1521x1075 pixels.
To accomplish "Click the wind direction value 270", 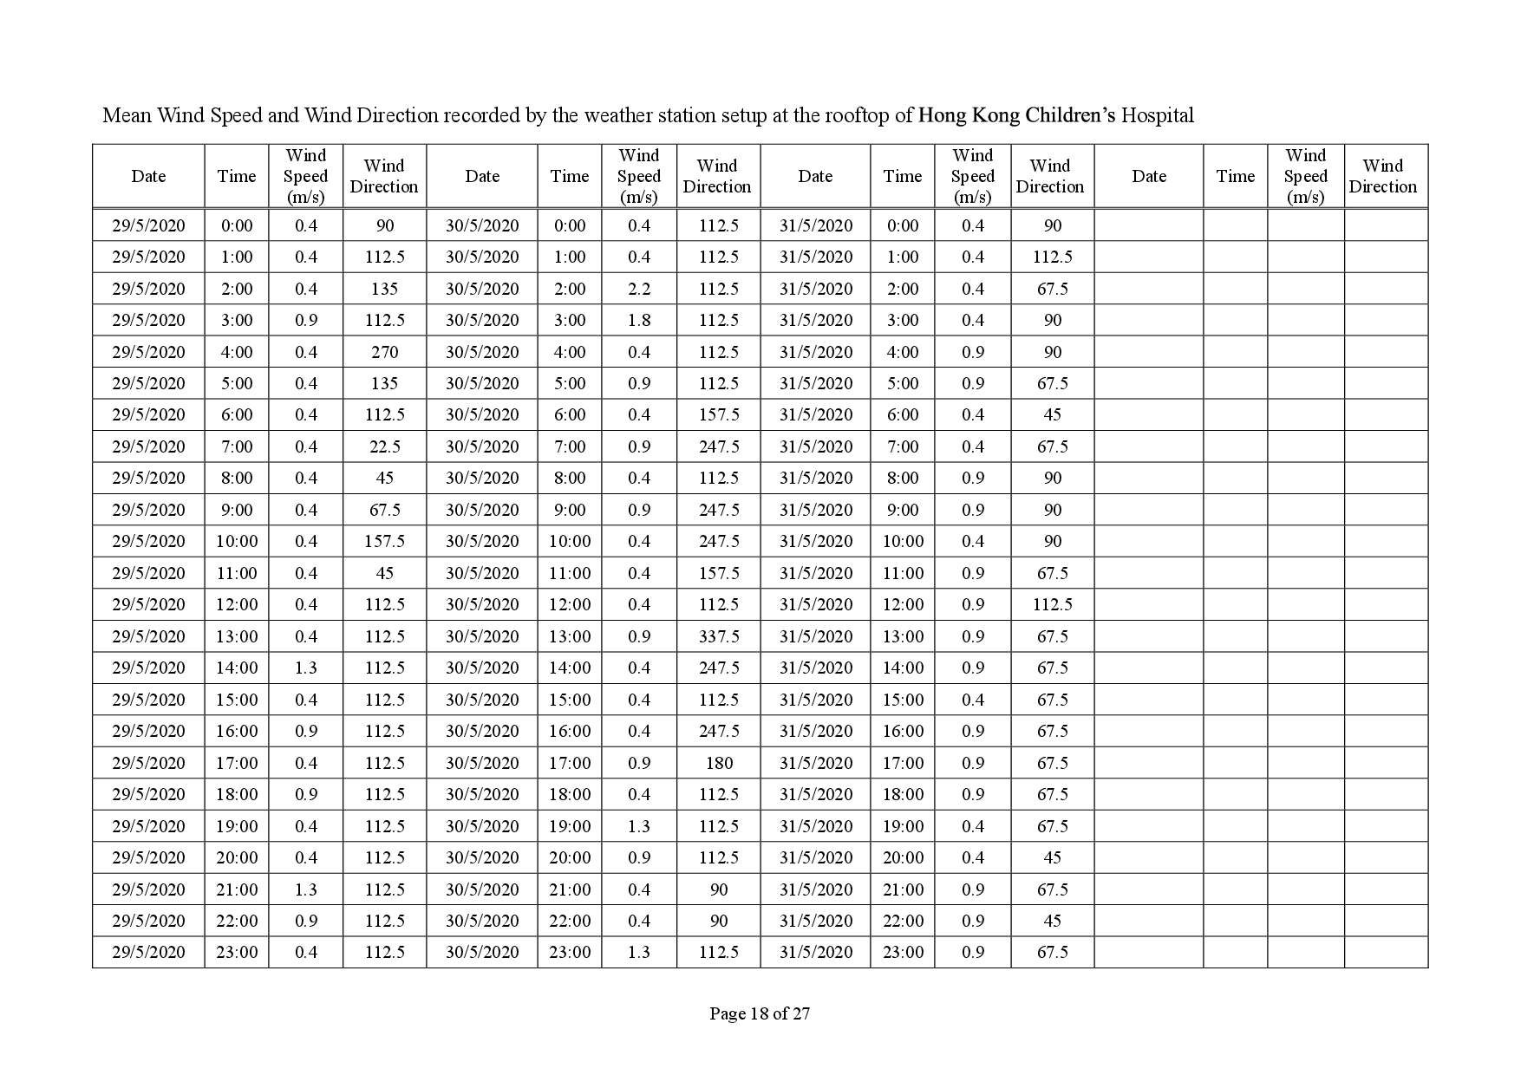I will point(384,352).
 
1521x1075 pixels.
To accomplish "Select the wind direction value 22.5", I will point(384,446).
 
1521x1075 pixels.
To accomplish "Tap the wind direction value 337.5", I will point(719,636).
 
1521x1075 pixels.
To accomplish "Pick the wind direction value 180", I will point(719,763).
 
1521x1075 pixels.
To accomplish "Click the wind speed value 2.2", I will point(639,289).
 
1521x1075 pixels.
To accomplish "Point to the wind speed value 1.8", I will point(639,320).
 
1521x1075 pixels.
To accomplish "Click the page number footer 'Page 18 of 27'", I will point(760,1013).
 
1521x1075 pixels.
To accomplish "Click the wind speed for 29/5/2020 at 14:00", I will point(306,668).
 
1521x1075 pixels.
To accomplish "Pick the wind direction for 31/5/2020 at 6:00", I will point(1052,414).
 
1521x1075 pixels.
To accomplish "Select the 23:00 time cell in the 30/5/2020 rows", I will point(570,952).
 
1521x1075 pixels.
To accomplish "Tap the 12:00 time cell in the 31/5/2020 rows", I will point(903,604).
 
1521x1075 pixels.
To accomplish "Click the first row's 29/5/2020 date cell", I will point(148,225).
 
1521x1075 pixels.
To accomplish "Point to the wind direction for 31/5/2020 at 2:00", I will point(1052,289).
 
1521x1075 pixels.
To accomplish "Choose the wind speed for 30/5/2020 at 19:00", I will point(639,826).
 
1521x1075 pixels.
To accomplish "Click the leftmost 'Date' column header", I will point(148,176).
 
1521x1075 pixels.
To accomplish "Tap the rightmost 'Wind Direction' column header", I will point(1382,176).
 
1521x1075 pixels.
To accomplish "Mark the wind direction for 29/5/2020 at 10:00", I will point(384,541).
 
